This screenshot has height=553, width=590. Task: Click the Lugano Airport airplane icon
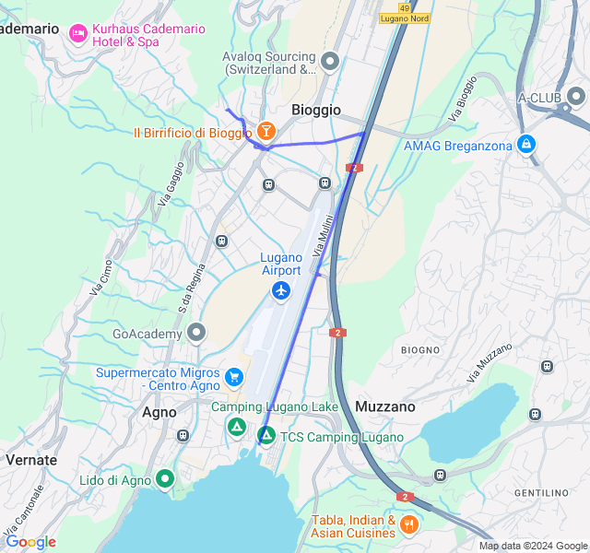pos(281,291)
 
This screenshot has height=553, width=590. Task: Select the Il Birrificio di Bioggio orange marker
pos(266,133)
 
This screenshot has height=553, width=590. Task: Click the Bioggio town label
pos(316,110)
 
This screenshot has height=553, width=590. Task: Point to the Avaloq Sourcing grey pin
pos(330,61)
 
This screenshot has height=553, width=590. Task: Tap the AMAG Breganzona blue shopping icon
pos(526,144)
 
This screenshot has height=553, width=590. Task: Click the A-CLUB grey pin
pos(577,97)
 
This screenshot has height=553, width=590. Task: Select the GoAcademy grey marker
pos(195,332)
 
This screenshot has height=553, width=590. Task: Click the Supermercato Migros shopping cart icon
pos(234,378)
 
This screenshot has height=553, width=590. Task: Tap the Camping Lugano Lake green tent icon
pos(237,427)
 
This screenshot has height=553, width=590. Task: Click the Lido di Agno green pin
pos(165,478)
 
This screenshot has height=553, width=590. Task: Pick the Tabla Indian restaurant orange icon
pos(409,524)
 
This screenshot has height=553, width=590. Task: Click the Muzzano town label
pos(384,406)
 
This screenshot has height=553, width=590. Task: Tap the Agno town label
pos(159,412)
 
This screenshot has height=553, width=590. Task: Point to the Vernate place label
pos(31,459)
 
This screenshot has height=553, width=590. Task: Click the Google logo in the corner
pos(30,542)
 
